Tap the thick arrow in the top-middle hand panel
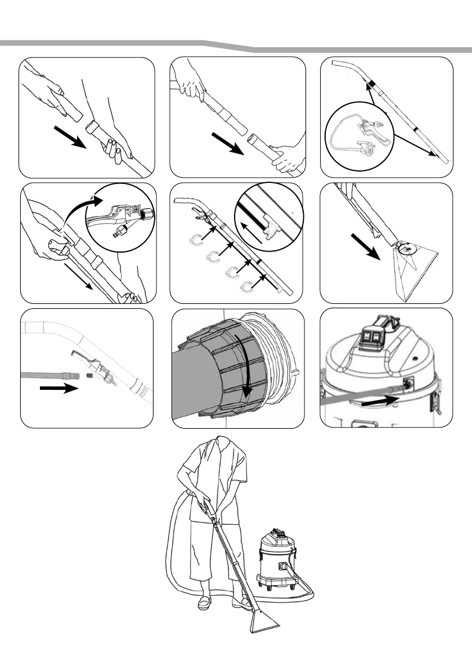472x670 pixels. coord(227,144)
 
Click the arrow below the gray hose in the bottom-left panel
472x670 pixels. coord(60,388)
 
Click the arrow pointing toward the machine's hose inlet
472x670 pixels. coord(380,399)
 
